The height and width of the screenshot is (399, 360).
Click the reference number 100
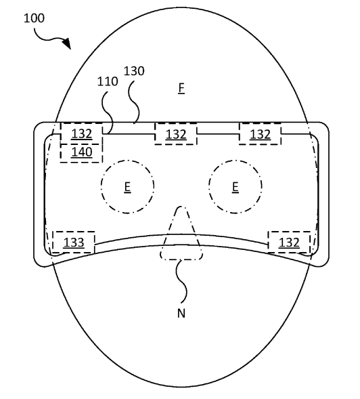(34, 18)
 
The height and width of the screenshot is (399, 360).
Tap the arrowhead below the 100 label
(67, 43)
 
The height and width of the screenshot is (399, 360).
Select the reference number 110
(108, 81)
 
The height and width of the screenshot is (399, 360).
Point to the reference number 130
(134, 71)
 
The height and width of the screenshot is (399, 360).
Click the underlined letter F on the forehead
(181, 89)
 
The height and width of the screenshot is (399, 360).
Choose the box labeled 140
(81, 153)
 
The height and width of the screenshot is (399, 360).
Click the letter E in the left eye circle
(127, 188)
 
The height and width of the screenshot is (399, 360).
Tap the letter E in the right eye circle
(235, 188)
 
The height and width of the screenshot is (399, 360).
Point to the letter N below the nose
(181, 313)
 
